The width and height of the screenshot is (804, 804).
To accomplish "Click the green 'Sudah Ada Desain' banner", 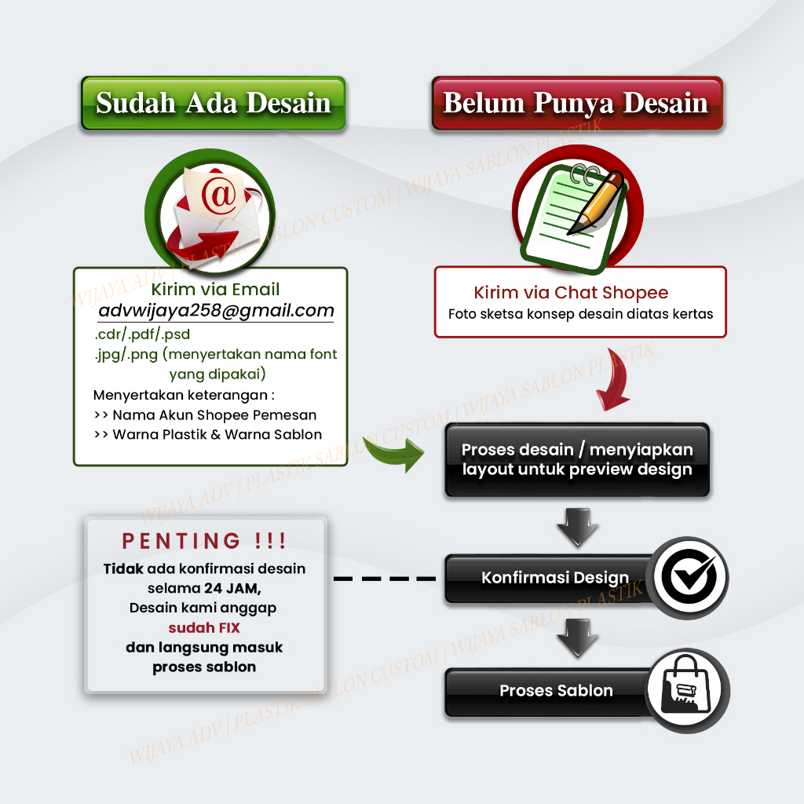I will pos(213,103).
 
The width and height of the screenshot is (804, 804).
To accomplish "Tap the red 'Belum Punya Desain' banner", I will pos(576,103).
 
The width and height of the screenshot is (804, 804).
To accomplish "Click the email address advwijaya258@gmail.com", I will pos(216,310).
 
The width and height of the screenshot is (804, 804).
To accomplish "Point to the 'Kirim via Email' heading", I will pos(215,290).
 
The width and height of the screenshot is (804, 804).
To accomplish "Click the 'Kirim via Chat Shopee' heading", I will pos(571,293).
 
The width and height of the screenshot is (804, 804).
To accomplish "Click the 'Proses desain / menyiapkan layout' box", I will pos(577,460).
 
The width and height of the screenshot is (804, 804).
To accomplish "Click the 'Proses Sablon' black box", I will pos(556,691).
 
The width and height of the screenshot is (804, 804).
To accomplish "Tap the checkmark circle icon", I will pos(689,578).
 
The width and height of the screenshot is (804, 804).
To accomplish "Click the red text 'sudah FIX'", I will pos(204,627).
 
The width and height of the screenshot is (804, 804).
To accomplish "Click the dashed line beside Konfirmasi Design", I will pos(385,579).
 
